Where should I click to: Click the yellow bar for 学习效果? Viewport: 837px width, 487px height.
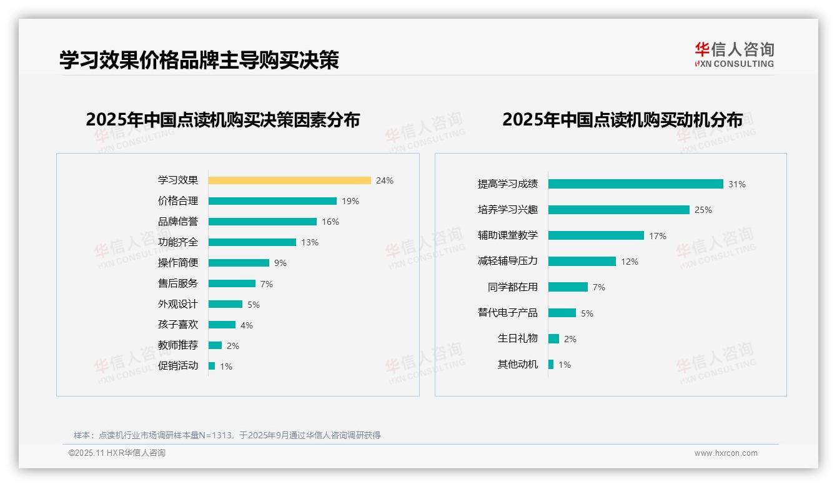(289, 180)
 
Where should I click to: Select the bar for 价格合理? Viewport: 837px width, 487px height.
(272, 201)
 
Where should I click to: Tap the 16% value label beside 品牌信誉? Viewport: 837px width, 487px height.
(330, 222)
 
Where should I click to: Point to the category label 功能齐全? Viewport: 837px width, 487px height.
(177, 242)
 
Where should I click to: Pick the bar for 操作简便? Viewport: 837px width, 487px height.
(239, 263)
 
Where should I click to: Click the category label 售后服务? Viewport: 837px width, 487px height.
(177, 283)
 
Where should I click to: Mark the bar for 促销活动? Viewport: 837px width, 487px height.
(212, 366)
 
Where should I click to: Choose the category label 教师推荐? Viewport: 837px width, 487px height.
(177, 345)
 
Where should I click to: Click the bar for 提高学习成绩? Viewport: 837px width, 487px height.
(635, 184)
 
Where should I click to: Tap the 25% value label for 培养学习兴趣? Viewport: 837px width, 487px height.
(703, 210)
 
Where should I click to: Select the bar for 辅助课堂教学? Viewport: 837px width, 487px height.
(596, 235)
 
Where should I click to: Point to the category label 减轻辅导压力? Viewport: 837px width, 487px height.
(507, 261)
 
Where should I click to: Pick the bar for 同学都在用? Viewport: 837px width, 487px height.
(568, 287)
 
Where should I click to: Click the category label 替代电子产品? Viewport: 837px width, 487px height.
(507, 312)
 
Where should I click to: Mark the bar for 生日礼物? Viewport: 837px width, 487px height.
(553, 338)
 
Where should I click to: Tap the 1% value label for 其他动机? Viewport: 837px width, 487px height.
(564, 365)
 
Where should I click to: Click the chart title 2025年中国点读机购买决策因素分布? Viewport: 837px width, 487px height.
(222, 120)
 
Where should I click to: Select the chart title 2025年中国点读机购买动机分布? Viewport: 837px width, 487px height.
(622, 120)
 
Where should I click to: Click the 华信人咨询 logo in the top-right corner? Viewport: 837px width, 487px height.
(734, 54)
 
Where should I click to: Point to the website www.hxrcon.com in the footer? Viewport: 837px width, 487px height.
(725, 453)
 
